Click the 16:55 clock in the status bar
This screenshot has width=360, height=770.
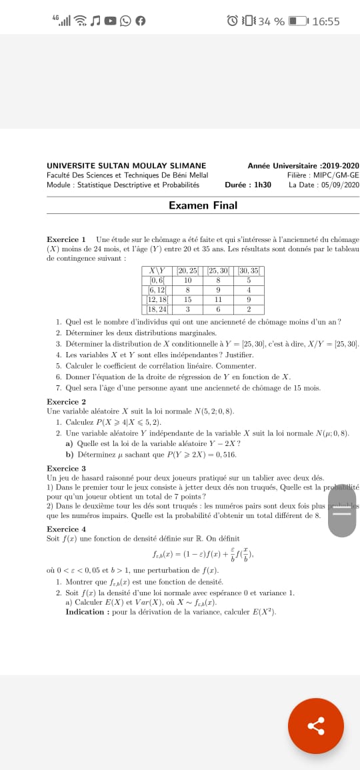click(x=325, y=21)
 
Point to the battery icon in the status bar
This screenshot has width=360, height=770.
click(x=297, y=21)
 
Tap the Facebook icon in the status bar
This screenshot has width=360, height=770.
click(x=140, y=21)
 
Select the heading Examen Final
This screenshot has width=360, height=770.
click(x=203, y=205)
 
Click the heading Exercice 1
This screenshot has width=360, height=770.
click(x=66, y=239)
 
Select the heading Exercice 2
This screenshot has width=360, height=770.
click(x=66, y=401)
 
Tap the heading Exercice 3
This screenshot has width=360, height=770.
click(x=66, y=468)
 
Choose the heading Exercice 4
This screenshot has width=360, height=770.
click(x=66, y=529)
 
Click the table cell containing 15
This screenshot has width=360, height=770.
click(x=188, y=300)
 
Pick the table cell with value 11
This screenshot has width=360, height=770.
click(x=218, y=300)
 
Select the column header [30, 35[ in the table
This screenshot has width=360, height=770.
click(x=249, y=271)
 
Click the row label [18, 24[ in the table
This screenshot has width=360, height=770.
click(x=157, y=309)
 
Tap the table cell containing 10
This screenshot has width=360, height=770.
click(x=188, y=281)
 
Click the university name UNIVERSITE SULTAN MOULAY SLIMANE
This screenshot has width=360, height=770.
click(x=127, y=166)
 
